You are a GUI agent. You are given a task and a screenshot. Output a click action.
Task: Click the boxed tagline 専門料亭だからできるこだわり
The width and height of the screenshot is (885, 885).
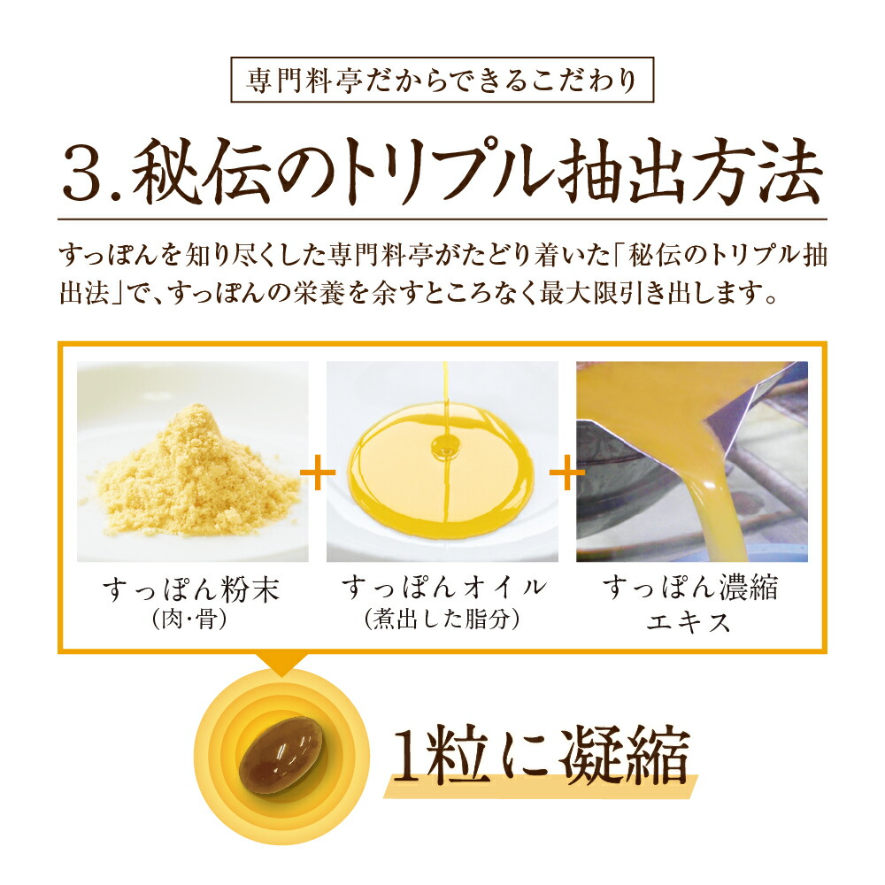(x=442, y=81)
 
